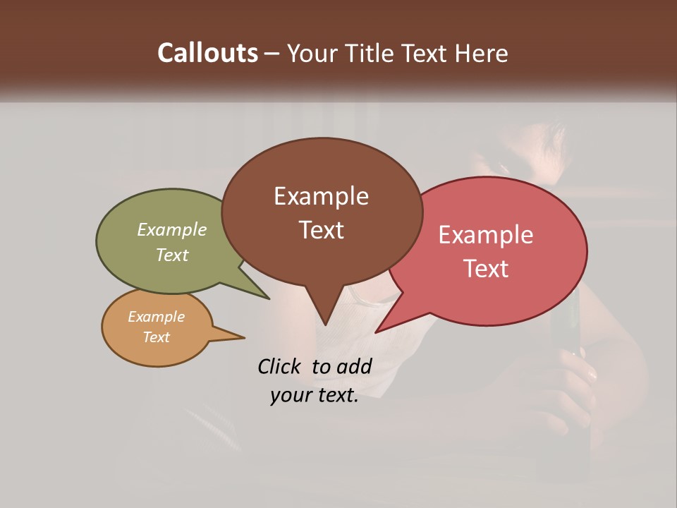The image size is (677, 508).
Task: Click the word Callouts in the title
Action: click(x=207, y=53)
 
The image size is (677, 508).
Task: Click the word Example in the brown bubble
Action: click(x=321, y=196)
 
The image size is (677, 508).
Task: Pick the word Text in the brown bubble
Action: click(x=321, y=230)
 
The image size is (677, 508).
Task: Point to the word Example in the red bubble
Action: click(x=486, y=235)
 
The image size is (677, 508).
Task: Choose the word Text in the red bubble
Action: click(x=486, y=269)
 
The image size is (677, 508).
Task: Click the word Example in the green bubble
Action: click(x=172, y=230)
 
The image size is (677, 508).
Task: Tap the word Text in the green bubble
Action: click(x=172, y=255)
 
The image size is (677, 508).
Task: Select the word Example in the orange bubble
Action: click(x=157, y=317)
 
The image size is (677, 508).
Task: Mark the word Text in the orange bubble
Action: click(x=157, y=337)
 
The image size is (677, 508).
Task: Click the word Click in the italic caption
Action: click(x=281, y=366)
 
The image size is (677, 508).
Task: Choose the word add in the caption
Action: click(x=354, y=366)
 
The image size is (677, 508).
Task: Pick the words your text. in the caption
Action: click(x=315, y=396)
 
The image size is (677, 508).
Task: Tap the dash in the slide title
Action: click(x=272, y=54)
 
